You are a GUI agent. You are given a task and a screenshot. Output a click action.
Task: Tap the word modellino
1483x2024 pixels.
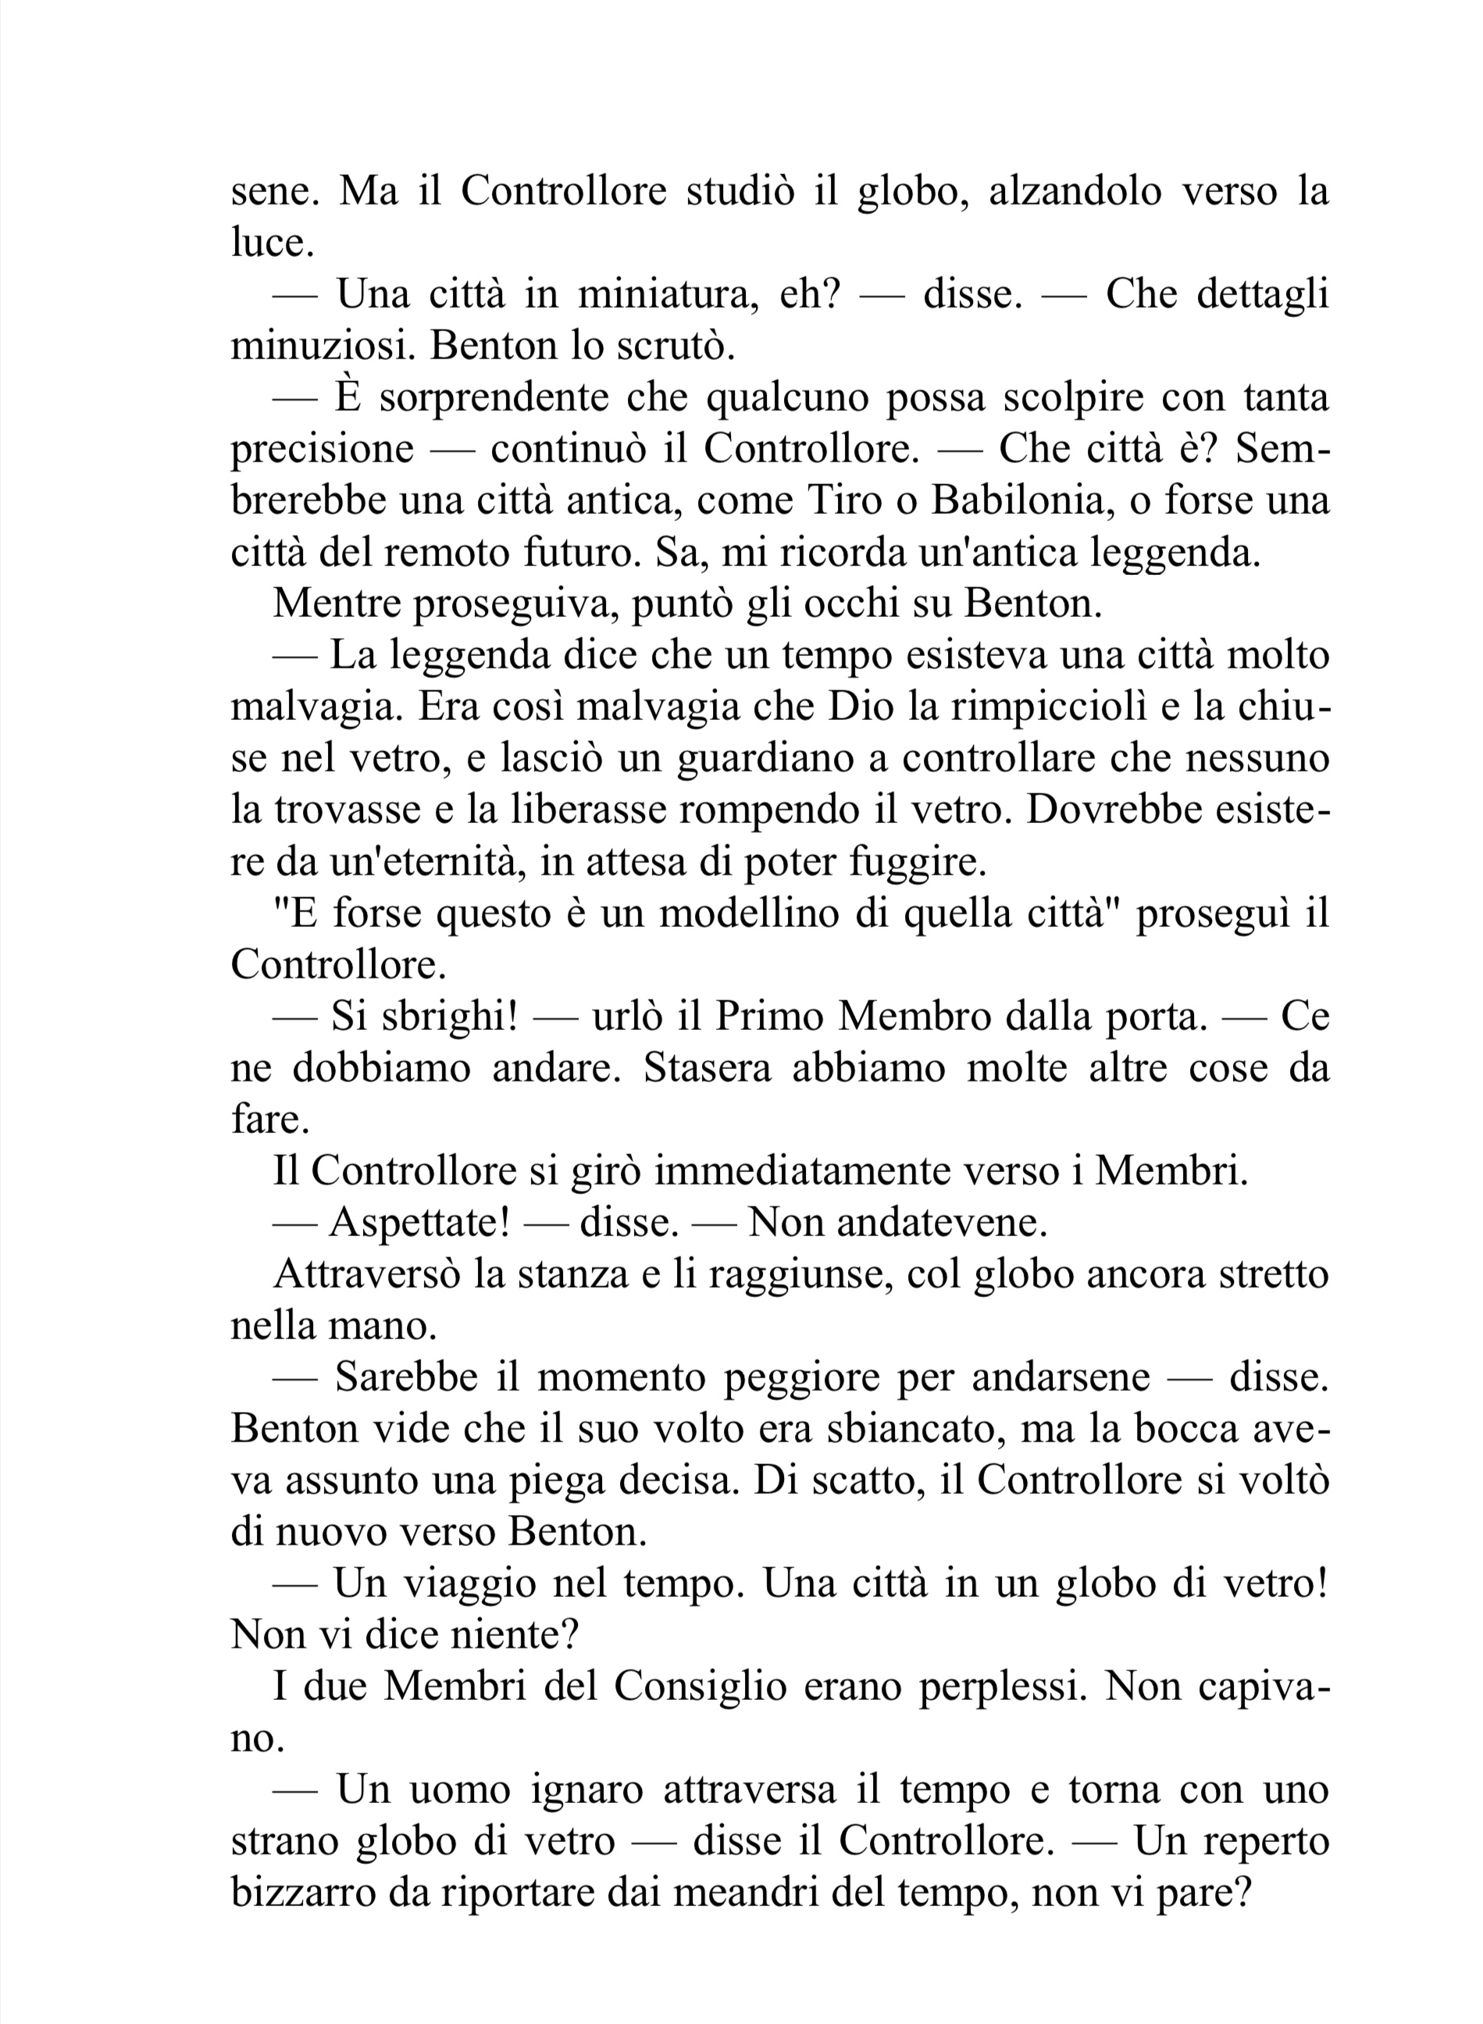736,914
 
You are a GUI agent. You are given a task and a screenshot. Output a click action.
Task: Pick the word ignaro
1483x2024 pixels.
587,1791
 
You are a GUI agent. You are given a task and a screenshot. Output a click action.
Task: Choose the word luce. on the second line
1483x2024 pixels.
273,243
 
